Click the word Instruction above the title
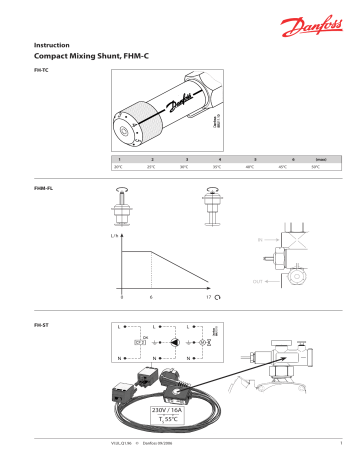51,46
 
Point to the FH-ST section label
42,327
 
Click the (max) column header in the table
316,159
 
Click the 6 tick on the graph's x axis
150,298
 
